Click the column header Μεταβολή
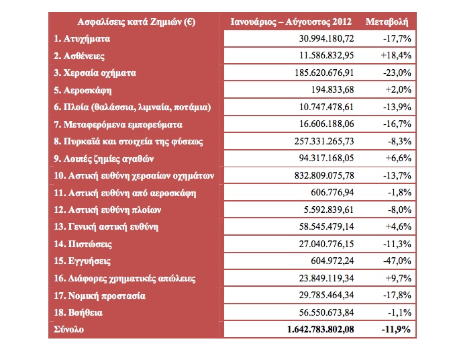click(387, 22)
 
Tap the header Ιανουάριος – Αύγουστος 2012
click(291, 22)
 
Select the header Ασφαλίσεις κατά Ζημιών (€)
click(136, 22)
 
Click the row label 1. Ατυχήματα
click(82, 39)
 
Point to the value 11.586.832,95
click(326, 55)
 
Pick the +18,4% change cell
click(396, 55)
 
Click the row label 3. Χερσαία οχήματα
click(95, 73)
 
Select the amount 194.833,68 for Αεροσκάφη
click(332, 89)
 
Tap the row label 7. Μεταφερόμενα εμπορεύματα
click(118, 125)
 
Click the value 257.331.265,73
click(324, 141)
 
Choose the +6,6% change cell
click(399, 158)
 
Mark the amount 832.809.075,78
click(324, 175)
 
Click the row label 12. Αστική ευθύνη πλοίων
click(107, 210)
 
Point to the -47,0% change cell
click(397, 261)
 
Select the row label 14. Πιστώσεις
click(83, 244)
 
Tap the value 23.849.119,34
click(326, 278)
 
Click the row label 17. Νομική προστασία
click(99, 296)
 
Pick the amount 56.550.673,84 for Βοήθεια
click(326, 312)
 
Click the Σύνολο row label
click(68, 329)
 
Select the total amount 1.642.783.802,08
click(320, 329)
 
